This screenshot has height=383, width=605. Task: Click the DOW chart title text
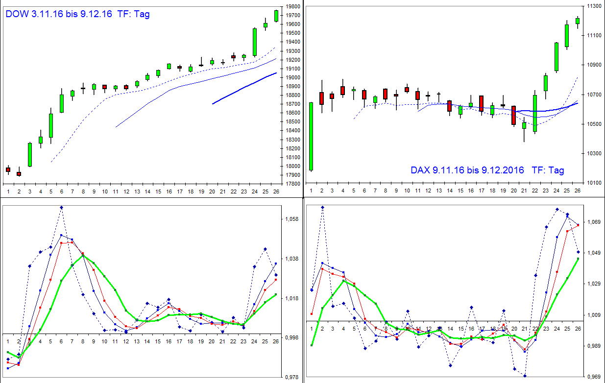point(77,14)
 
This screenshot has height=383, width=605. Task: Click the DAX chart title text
point(487,170)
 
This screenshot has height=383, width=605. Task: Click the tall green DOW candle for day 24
point(255,42)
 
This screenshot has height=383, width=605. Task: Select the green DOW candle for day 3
point(29,154)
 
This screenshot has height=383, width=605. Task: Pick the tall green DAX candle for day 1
point(311,136)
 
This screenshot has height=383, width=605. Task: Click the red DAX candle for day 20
point(513,115)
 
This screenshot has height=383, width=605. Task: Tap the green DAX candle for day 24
point(557,56)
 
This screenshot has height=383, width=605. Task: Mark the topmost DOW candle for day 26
point(276,16)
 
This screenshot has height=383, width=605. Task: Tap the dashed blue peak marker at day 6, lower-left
point(62,207)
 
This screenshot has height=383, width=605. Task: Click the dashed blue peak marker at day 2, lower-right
point(322,207)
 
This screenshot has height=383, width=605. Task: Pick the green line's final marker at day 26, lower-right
point(578,259)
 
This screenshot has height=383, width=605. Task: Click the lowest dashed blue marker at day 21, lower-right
point(525,376)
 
